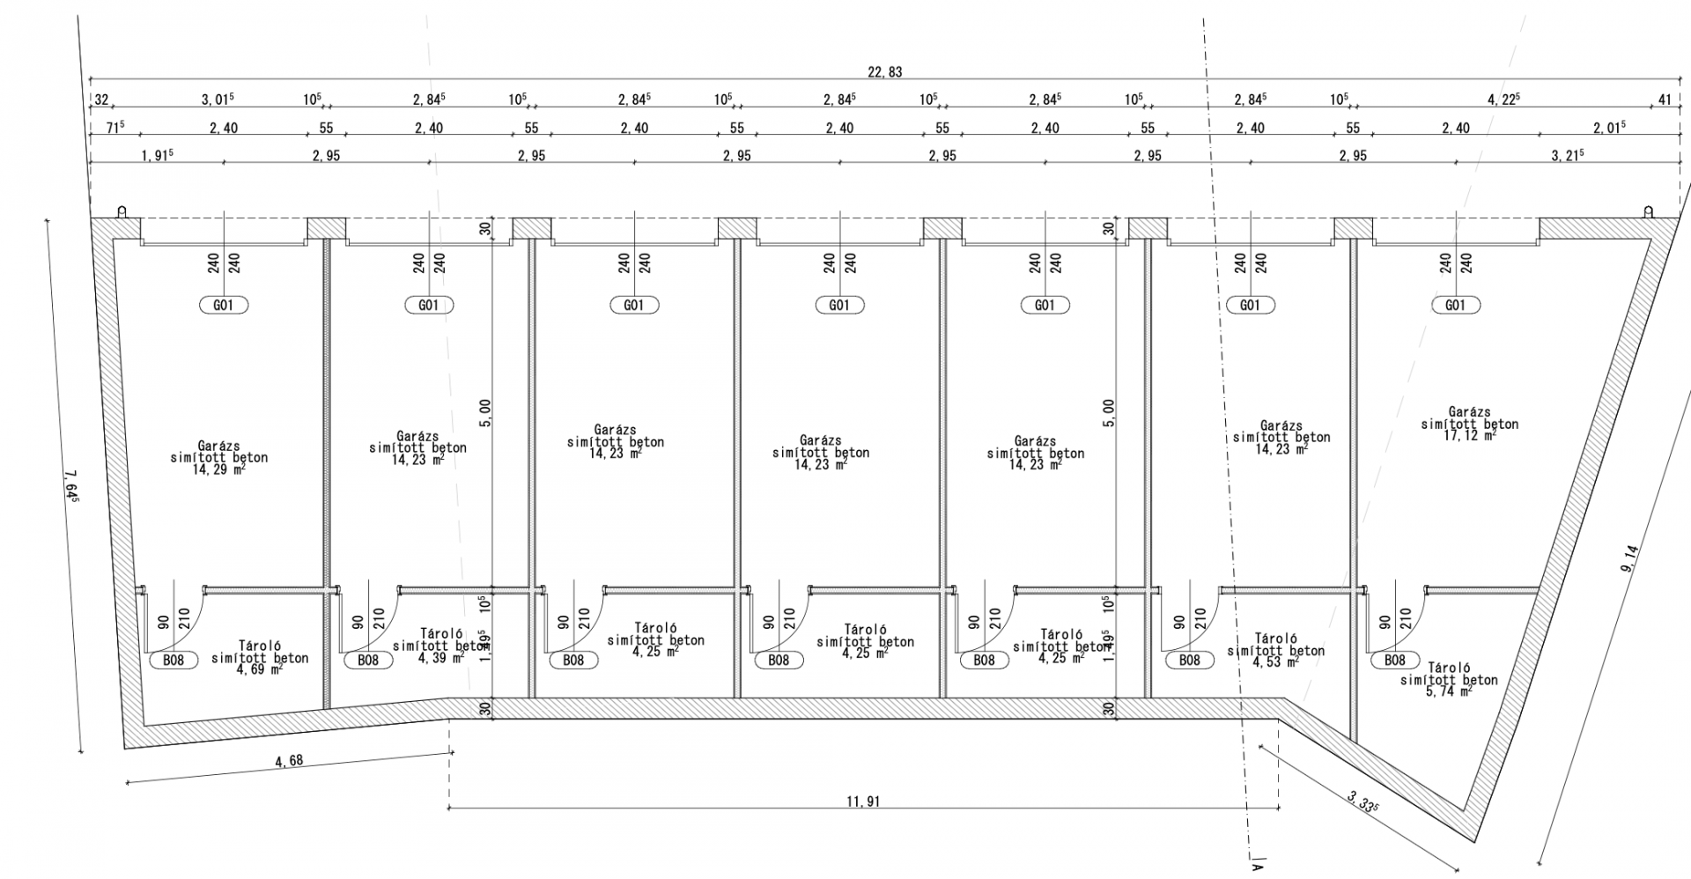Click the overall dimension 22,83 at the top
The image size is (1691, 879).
coord(885,72)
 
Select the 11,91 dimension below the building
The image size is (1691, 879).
coord(862,801)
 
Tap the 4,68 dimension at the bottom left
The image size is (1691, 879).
coord(289,759)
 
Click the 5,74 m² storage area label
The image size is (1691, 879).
coord(1448,692)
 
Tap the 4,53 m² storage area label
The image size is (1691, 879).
coord(1275,662)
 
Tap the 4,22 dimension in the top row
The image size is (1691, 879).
coord(1504,100)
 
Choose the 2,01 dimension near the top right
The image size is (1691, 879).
coord(1609,127)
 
